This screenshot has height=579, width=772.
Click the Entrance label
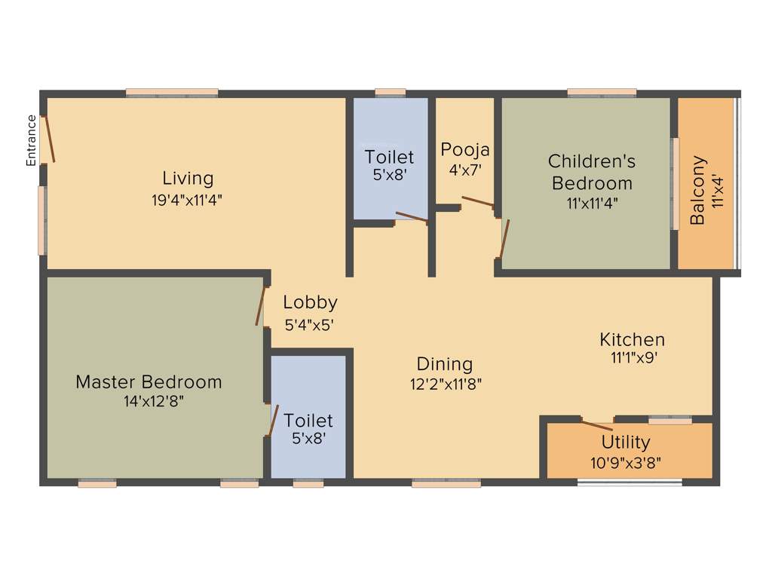tap(32, 140)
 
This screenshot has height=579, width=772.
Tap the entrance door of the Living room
tap(49, 139)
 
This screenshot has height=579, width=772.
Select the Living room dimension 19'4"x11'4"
tap(188, 200)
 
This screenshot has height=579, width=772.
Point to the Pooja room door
tap(477, 201)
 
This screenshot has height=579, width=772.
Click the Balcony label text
tap(698, 190)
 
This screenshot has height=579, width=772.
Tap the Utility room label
tap(626, 442)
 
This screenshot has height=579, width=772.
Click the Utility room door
tap(597, 424)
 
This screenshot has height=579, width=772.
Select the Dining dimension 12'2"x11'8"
tap(446, 384)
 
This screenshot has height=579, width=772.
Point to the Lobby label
tap(311, 302)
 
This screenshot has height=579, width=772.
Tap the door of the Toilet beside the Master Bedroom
tap(274, 421)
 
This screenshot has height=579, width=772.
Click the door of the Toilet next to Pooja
tap(412, 218)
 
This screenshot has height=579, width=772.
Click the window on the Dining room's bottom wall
tap(446, 484)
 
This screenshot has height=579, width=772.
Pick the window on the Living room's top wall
tap(172, 93)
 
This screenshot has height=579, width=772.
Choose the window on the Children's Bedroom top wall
tap(601, 93)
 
